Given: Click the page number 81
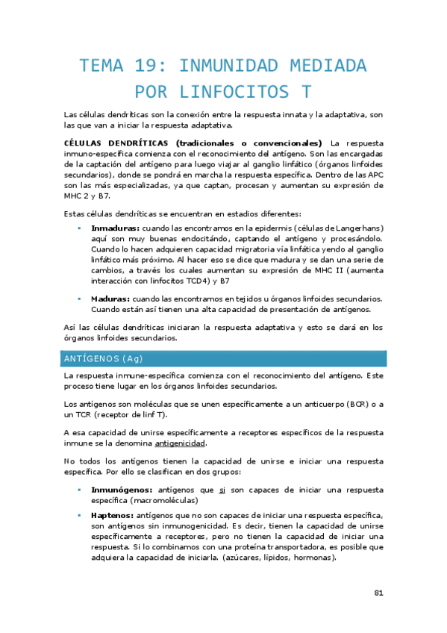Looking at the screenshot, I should [x=378, y=593].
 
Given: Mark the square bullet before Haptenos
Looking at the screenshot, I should [x=80, y=516].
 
